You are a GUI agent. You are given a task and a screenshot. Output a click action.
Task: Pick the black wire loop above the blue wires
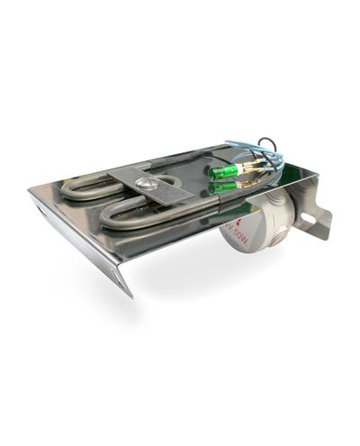click(x=267, y=143)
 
